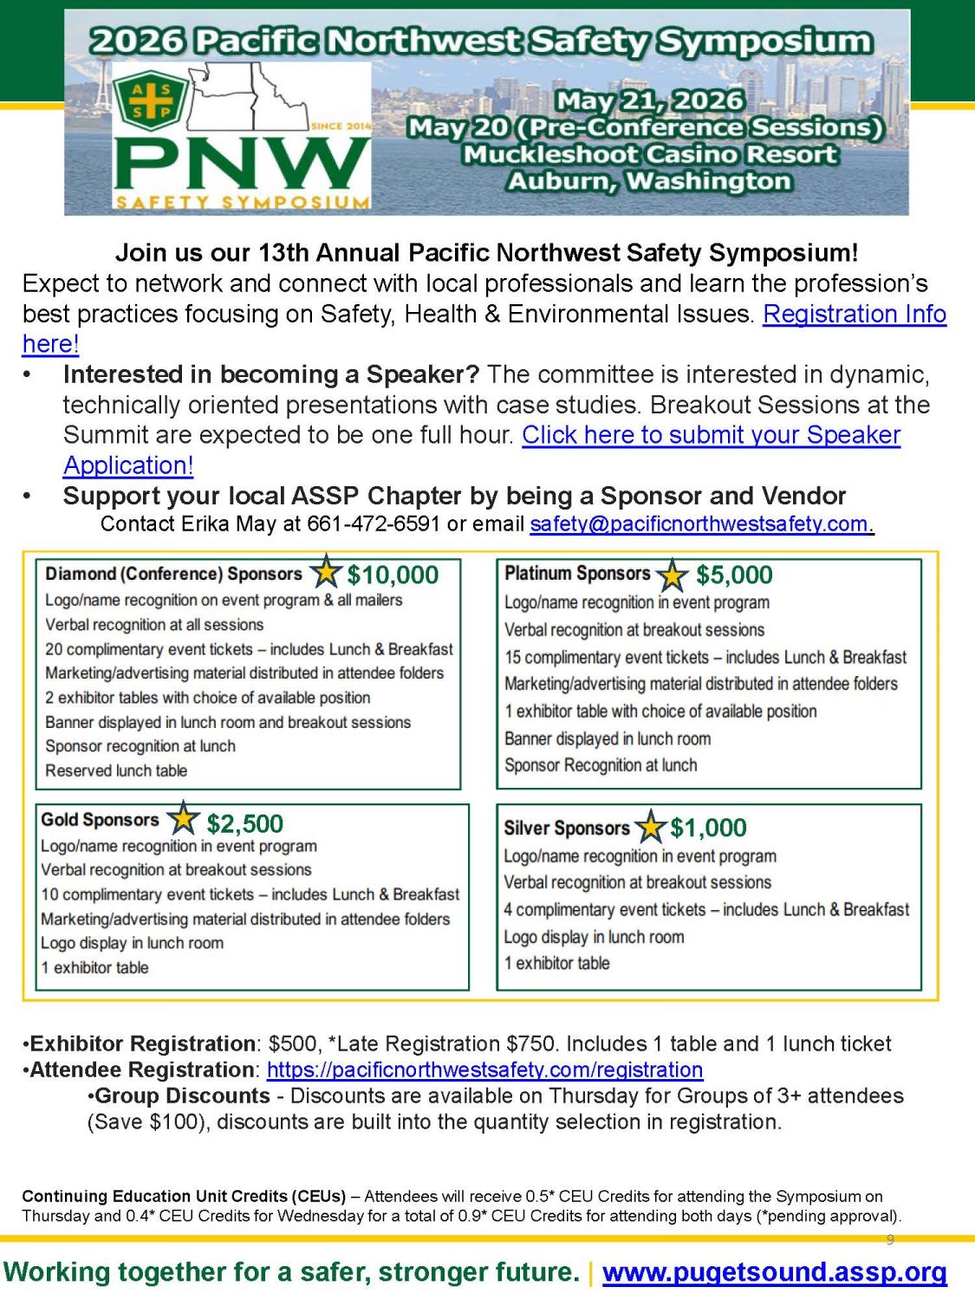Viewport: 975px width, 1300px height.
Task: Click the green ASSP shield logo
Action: click(152, 101)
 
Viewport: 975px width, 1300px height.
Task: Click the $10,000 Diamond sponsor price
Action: click(393, 575)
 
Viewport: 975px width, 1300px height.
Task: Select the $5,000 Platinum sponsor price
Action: click(734, 575)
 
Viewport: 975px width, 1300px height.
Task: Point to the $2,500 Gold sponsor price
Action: click(245, 823)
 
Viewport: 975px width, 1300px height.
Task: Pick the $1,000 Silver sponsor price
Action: click(708, 828)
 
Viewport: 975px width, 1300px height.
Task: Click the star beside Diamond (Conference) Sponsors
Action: click(326, 571)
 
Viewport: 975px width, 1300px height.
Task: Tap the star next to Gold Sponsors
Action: click(183, 818)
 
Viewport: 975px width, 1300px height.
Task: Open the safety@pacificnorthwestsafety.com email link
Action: click(700, 523)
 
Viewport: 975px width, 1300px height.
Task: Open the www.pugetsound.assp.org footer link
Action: click(774, 1271)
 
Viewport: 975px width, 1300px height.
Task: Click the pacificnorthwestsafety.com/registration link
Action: click(484, 1069)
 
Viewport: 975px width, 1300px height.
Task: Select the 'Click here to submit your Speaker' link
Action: click(711, 434)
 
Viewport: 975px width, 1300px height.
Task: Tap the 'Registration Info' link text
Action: click(854, 313)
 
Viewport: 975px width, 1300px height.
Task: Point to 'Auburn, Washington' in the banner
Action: click(649, 181)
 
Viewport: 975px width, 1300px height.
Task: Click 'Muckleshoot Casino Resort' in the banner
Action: click(649, 154)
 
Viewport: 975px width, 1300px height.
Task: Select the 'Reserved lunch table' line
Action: click(116, 770)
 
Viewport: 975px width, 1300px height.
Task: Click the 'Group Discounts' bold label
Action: click(182, 1095)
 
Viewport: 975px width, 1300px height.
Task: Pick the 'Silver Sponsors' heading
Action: click(567, 829)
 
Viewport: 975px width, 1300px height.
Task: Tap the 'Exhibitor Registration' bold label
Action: click(142, 1043)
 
